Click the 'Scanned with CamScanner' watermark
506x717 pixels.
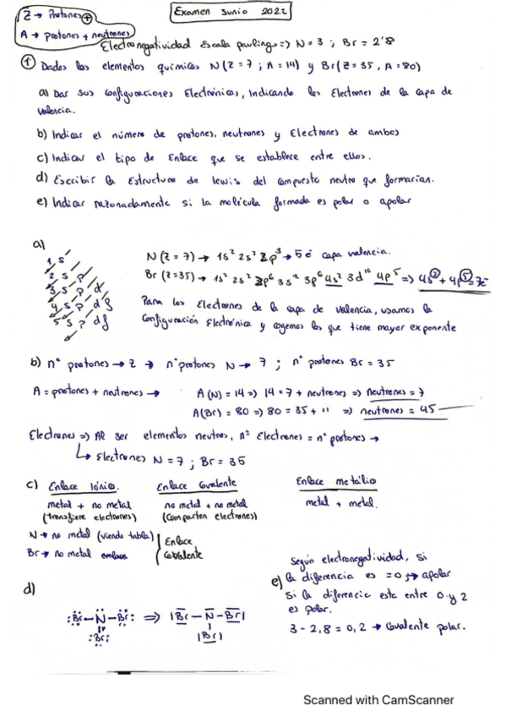[378, 699]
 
